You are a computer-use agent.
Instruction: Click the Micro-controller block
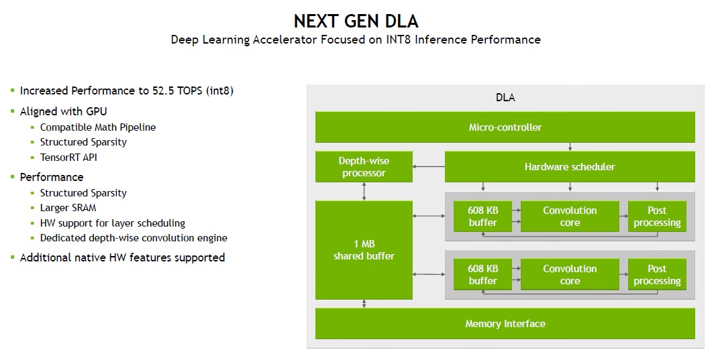coord(505,127)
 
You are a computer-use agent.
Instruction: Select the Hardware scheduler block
coord(569,166)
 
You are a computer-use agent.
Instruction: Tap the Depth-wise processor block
coord(364,166)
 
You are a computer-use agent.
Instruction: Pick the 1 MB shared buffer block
coord(364,249)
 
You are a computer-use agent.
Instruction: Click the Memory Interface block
coord(505,324)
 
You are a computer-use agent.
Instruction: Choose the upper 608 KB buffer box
coord(482,216)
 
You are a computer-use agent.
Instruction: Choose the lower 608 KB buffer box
coord(482,274)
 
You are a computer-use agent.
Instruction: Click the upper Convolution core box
coord(569,216)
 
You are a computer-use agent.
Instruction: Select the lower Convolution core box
coord(569,274)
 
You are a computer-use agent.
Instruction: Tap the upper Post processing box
coord(657,216)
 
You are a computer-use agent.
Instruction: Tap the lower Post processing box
coord(657,274)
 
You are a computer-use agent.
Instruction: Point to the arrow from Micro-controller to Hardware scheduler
coord(570,147)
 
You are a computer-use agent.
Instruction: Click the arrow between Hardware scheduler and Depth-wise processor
coord(429,166)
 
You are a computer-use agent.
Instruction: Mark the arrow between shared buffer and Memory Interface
coord(364,304)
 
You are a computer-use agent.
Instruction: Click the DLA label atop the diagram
coord(505,98)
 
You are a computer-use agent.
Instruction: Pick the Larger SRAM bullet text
coord(68,208)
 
